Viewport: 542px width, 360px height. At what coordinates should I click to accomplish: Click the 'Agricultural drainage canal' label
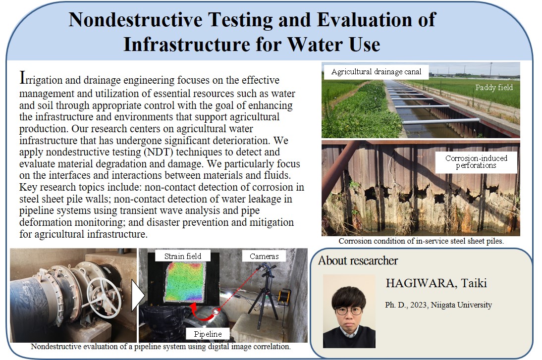click(376, 71)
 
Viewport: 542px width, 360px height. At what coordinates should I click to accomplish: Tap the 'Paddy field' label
click(494, 88)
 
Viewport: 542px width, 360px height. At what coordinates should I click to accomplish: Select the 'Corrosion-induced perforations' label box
click(476, 162)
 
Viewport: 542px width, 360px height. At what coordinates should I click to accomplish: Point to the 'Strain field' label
click(182, 256)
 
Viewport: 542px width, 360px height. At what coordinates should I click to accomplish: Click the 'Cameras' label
click(264, 256)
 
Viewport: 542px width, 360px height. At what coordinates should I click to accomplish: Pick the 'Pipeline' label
click(208, 334)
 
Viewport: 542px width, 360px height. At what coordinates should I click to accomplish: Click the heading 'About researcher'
click(358, 260)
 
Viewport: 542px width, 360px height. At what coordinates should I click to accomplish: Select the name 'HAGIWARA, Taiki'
click(436, 283)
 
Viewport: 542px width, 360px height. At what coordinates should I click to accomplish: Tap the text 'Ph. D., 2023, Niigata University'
click(438, 305)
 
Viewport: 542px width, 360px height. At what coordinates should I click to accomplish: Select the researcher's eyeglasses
click(349, 310)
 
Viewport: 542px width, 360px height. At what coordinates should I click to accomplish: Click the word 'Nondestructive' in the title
click(136, 19)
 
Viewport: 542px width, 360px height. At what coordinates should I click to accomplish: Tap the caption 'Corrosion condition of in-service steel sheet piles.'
click(421, 241)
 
